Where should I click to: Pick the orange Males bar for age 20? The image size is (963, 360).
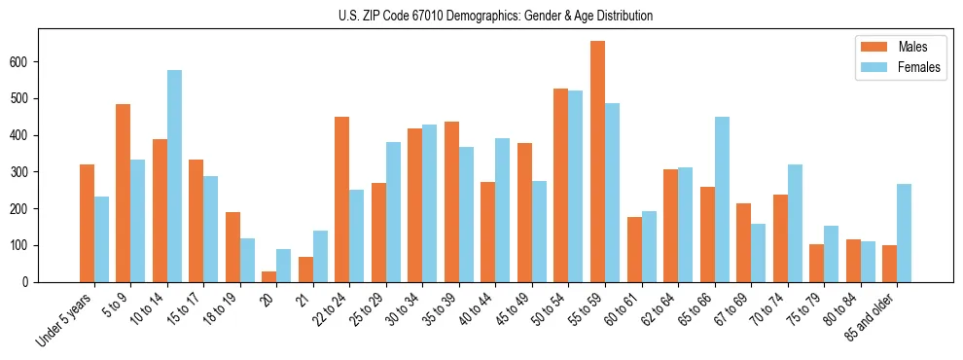(268, 276)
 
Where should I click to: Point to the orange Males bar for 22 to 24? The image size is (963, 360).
(342, 199)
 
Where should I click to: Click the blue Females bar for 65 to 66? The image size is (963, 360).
(722, 199)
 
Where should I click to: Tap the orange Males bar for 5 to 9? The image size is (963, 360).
(124, 193)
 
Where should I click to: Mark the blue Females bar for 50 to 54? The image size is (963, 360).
(576, 186)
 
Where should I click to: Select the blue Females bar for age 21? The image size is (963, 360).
(320, 256)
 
